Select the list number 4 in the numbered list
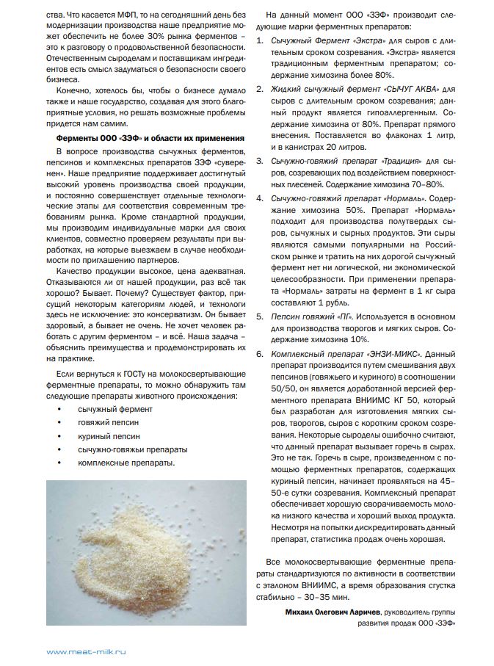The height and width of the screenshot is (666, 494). point(258,198)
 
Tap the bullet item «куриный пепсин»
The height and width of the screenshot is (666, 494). point(109,436)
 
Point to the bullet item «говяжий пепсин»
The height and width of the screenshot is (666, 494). point(109,423)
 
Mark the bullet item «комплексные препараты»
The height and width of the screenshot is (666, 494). point(126,463)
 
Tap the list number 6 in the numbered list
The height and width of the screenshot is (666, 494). point(258,353)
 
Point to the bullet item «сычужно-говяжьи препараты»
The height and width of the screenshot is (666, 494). point(132,449)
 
